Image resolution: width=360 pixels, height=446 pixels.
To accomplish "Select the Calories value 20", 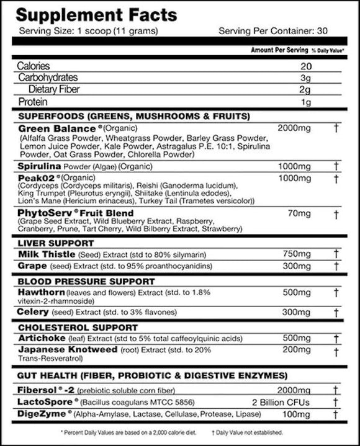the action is pyautogui.click(x=305, y=66).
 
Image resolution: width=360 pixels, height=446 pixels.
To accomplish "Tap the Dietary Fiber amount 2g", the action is pyautogui.click(x=305, y=90).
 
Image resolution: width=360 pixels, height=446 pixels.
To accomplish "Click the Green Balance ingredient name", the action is pyautogui.click(x=52, y=127).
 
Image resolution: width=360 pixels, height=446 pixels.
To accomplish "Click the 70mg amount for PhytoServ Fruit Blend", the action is pyautogui.click(x=300, y=213).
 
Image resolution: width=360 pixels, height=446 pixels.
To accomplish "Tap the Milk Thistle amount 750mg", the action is pyautogui.click(x=297, y=254).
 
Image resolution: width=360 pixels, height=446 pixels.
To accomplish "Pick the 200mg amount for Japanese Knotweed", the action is pyautogui.click(x=297, y=350).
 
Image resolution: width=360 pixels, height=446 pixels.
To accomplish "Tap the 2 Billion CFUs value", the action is pyautogui.click(x=282, y=401).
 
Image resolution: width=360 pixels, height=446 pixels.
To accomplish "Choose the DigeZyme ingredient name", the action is pyautogui.click(x=42, y=413).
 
